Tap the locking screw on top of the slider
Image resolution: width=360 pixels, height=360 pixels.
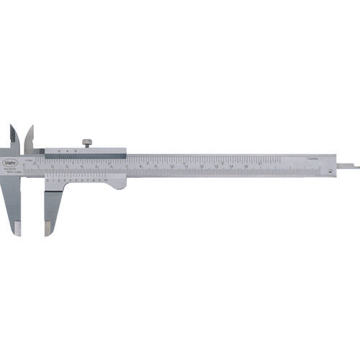(87, 142)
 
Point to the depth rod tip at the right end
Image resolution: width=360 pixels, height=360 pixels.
(356, 168)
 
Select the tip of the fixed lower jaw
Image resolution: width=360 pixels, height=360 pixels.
(18, 229)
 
